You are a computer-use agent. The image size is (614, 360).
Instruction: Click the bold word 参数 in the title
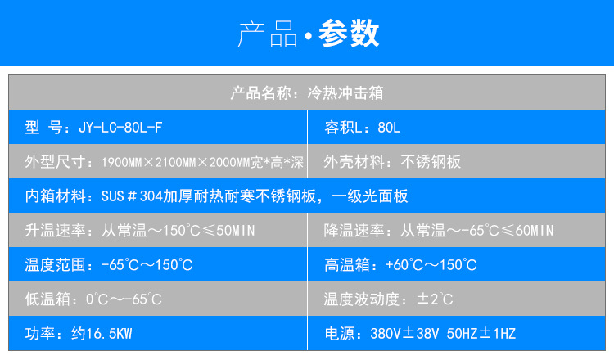(x=349, y=34)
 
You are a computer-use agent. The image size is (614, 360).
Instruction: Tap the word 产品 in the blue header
(x=268, y=34)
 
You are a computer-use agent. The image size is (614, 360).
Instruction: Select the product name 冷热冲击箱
(x=345, y=92)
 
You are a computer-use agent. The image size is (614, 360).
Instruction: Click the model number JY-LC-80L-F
(x=120, y=128)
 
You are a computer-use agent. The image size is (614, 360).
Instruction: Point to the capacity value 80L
(x=389, y=128)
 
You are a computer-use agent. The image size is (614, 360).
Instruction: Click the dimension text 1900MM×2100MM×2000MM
(x=176, y=162)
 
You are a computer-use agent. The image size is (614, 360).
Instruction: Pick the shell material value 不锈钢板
(x=431, y=162)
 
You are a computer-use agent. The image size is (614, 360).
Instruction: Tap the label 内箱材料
(x=55, y=196)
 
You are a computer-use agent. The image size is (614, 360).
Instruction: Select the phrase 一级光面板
(x=370, y=196)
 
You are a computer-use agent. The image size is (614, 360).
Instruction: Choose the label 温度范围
(x=55, y=265)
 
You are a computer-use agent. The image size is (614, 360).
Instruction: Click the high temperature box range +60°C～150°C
(x=431, y=265)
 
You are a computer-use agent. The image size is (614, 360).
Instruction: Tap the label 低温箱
(x=47, y=299)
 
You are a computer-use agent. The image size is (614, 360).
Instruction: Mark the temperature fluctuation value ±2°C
(x=435, y=299)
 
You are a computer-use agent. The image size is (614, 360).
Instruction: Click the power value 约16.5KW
(x=102, y=334)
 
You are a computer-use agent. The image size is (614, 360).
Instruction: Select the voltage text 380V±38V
(x=404, y=334)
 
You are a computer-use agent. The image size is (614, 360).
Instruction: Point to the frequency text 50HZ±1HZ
(x=481, y=334)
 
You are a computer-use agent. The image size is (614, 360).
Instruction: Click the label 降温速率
(x=354, y=231)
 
